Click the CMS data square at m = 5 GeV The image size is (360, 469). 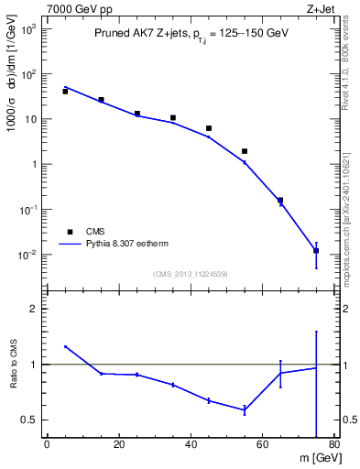coord(65,92)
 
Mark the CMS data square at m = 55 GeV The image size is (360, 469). coord(245,151)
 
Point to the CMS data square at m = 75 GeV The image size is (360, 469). coord(316,250)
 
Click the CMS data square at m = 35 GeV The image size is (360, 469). coord(173,117)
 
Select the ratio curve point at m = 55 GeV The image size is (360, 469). coord(245,409)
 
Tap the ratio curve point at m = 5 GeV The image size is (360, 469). coord(65,346)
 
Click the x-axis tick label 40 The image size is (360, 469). coord(191,445)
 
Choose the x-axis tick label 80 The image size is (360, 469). coord(334,445)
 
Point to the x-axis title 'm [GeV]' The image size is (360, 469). coord(311,458)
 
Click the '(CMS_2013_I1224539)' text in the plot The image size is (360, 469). coord(190,273)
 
